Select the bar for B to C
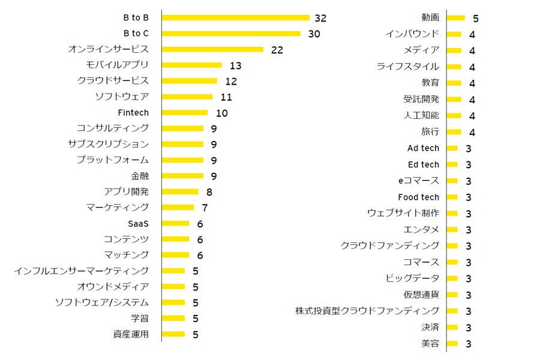[232, 34]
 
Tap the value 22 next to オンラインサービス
[277, 50]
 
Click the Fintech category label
[133, 112]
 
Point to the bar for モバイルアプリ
[192, 65]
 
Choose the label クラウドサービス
[113, 80]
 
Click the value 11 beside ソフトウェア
[226, 97]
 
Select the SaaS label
[138, 223]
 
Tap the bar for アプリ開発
[181, 192]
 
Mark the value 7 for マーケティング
[205, 208]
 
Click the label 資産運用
[131, 334]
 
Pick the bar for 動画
[455, 18]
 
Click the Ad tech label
[423, 148]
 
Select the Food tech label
[418, 197]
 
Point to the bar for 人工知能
[454, 115]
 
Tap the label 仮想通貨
[421, 295]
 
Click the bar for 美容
[452, 344]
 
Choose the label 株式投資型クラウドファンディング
[367, 311]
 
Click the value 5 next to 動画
[475, 18]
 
